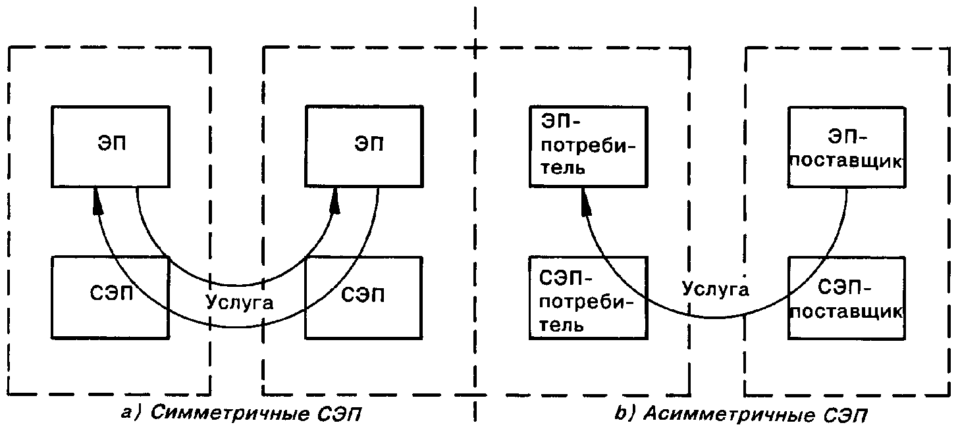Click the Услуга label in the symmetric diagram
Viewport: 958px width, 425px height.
pyautogui.click(x=239, y=303)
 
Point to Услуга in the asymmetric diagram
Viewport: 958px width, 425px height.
pyautogui.click(x=715, y=289)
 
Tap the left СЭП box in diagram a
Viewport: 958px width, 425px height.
pyautogui.click(x=111, y=296)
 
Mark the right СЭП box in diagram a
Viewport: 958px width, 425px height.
pyautogui.click(x=363, y=296)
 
